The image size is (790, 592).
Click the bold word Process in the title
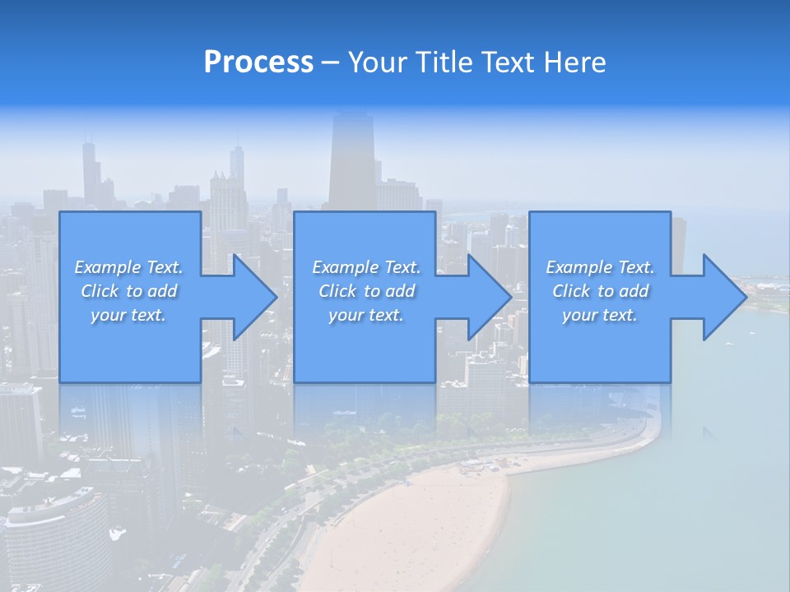click(x=258, y=62)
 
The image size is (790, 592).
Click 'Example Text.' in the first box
click(x=128, y=267)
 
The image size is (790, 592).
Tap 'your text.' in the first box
click(x=128, y=315)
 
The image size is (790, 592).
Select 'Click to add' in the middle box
click(x=366, y=291)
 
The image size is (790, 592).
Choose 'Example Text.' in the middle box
click(x=366, y=267)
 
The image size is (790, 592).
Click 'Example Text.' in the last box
click(x=600, y=267)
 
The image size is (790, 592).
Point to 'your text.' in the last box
click(x=600, y=315)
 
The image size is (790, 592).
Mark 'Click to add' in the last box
click(x=600, y=291)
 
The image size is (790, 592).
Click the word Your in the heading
click(x=377, y=62)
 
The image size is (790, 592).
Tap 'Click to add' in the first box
click(x=128, y=291)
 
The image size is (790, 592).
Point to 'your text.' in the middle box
click(x=366, y=315)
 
